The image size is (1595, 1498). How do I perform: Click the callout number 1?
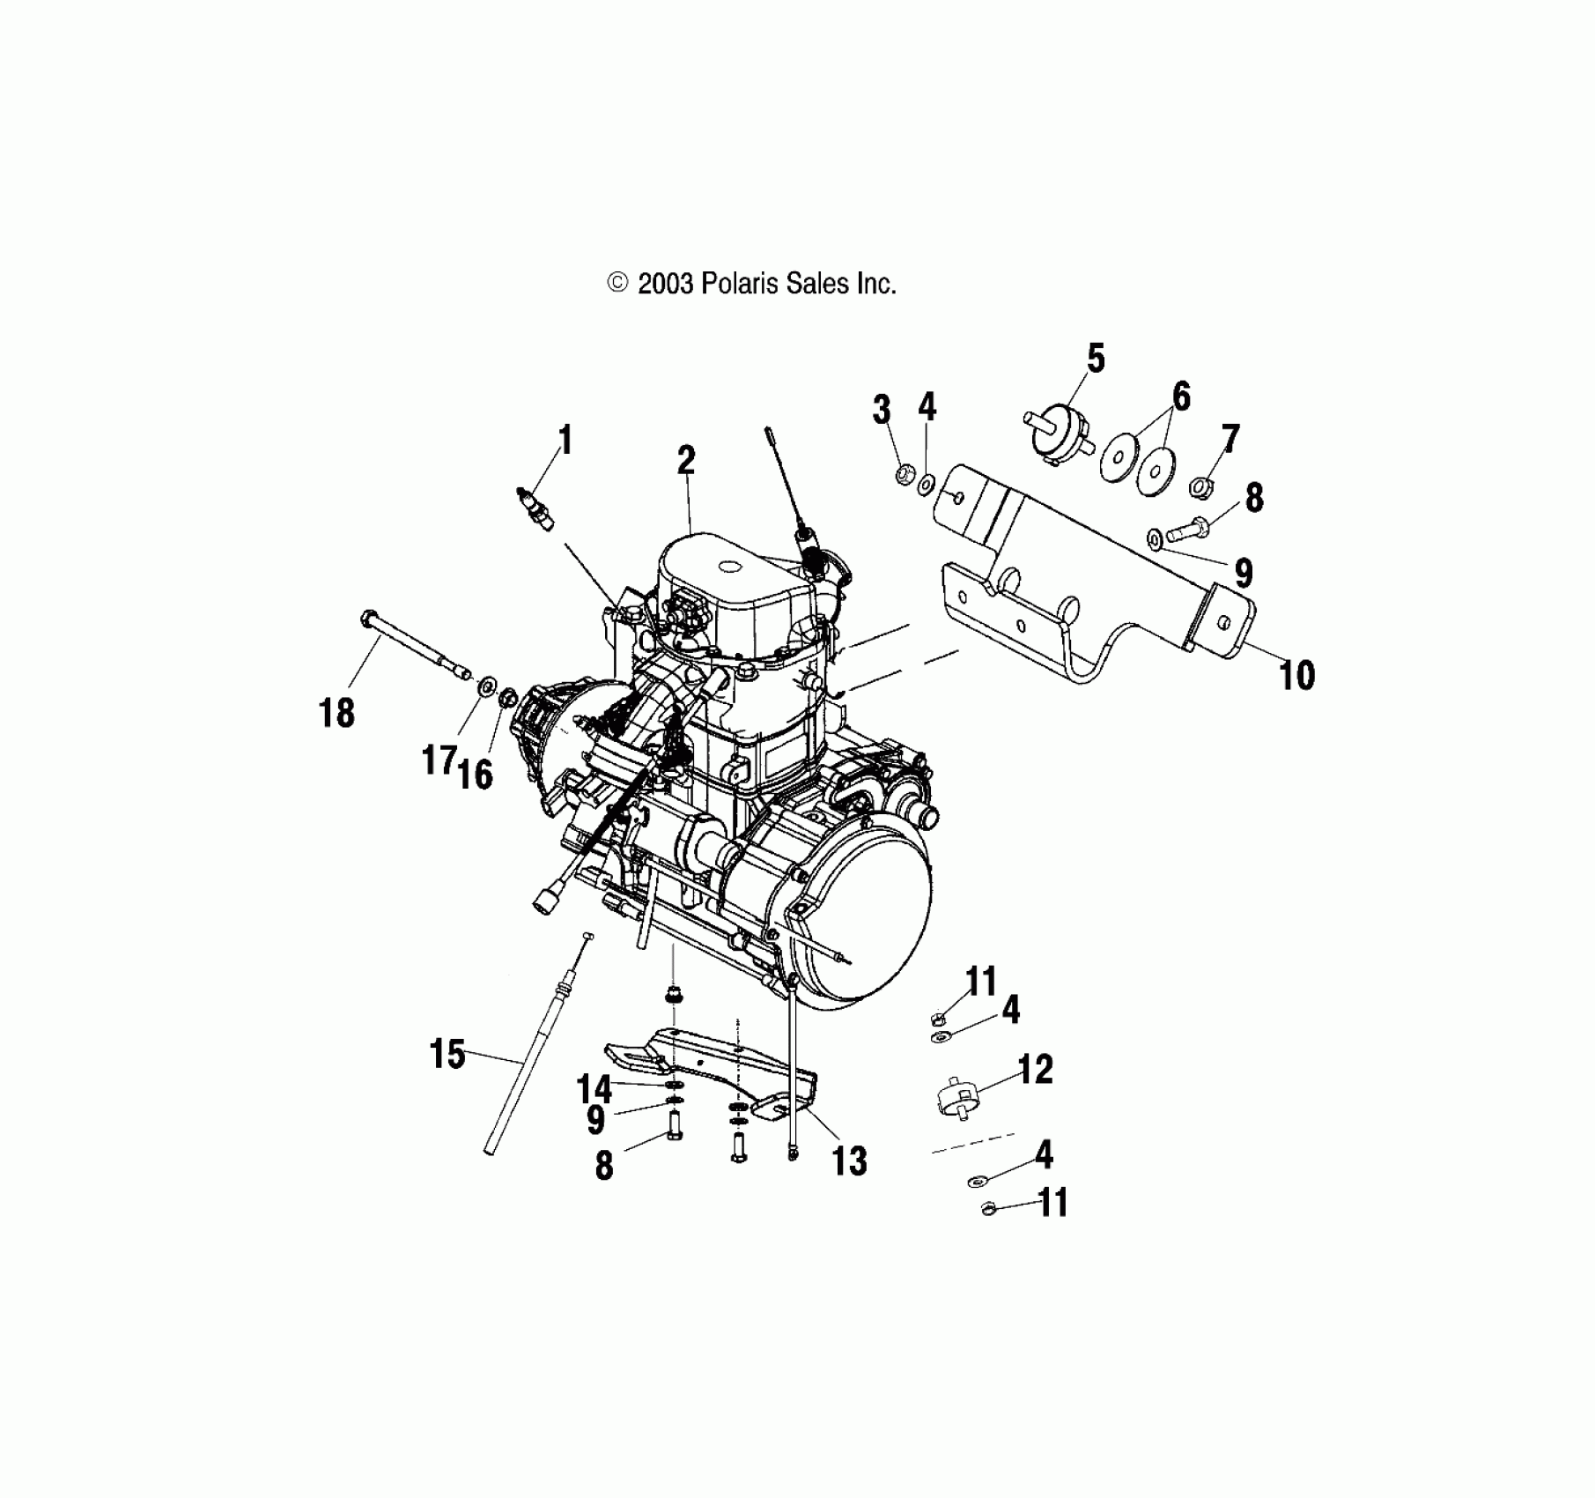pos(565,440)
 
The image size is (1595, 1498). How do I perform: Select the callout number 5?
pos(1095,359)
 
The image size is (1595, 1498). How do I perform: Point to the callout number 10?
pos(1296,676)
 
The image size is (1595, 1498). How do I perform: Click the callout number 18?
pos(336,712)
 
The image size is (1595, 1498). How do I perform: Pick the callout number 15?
pos(447,1054)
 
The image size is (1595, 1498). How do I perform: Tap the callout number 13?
pos(850,1161)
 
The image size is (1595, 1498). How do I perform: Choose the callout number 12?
pos(1035,1069)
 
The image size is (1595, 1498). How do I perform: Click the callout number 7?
pos(1229,438)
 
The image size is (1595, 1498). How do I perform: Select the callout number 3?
pos(882,410)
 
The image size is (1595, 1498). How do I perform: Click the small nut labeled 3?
pos(902,476)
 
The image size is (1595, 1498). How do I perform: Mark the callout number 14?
pos(594,1089)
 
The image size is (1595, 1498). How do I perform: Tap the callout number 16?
pos(476,775)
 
